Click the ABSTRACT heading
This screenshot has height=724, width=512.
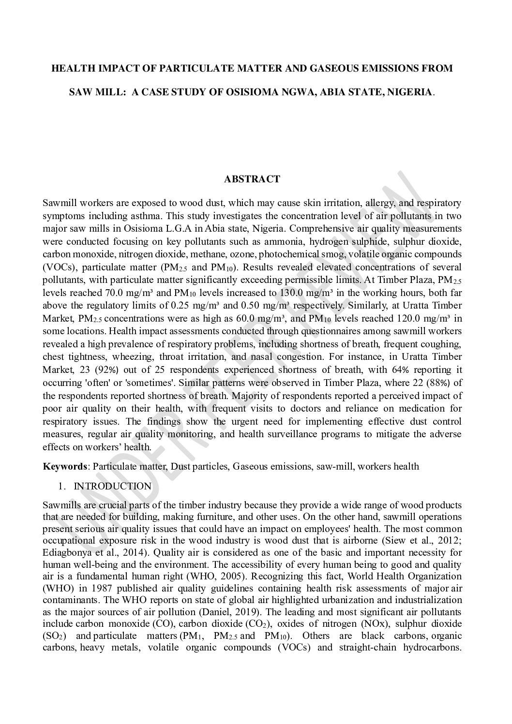[252, 179]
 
